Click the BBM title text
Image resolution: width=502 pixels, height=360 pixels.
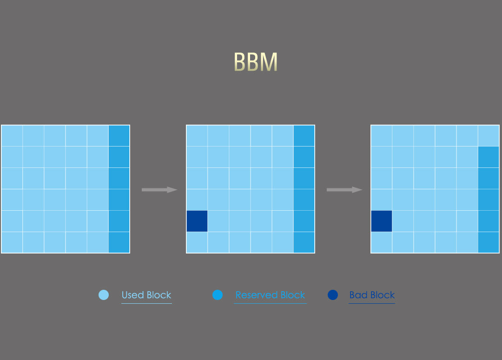pyautogui.click(x=256, y=62)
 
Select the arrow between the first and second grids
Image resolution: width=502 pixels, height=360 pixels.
pyautogui.click(x=159, y=190)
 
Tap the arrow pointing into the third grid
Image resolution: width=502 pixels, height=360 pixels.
pyautogui.click(x=344, y=190)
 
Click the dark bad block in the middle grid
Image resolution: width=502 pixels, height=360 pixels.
pyautogui.click(x=197, y=221)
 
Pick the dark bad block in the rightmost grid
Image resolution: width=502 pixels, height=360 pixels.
pyautogui.click(x=381, y=221)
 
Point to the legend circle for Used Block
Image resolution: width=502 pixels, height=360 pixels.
pyautogui.click(x=104, y=295)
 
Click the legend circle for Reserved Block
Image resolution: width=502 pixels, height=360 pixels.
pyautogui.click(x=218, y=295)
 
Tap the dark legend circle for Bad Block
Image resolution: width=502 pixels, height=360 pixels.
pyautogui.click(x=332, y=295)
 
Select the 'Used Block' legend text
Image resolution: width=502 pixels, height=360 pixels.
pyautogui.click(x=146, y=295)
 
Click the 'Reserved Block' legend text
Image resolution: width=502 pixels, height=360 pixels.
pyautogui.click(x=270, y=295)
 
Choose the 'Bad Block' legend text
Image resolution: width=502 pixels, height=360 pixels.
pyautogui.click(x=372, y=295)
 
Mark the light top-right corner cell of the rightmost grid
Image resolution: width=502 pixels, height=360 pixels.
pyautogui.click(x=488, y=135)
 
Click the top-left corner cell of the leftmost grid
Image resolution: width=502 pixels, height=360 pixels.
pyautogui.click(x=12, y=135)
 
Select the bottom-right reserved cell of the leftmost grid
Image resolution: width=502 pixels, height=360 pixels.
pyautogui.click(x=119, y=242)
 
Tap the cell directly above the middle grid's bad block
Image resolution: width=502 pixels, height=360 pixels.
pyautogui.click(x=197, y=200)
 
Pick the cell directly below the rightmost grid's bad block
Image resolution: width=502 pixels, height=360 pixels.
pyautogui.click(x=381, y=242)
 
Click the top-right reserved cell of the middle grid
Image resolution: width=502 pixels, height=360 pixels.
pyautogui.click(x=304, y=135)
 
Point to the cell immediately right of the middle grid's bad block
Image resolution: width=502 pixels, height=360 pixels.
pyautogui.click(x=218, y=221)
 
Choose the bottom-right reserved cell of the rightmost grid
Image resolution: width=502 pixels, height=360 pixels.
pyautogui.click(x=488, y=242)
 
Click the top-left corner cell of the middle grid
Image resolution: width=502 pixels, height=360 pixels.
pyautogui.click(x=197, y=135)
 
